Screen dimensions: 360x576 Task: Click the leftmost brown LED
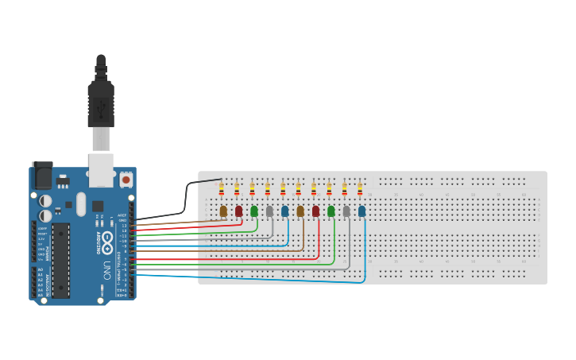pos(223,211)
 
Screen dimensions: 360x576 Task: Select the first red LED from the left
pos(238,211)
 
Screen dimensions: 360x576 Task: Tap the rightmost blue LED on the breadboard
pos(361,211)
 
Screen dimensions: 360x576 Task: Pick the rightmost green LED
pos(331,211)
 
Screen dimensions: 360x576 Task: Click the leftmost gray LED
pos(269,211)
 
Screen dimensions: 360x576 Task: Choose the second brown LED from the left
pos(300,211)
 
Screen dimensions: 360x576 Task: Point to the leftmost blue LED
pos(284,211)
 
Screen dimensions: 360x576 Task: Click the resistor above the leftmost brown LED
pos(221,189)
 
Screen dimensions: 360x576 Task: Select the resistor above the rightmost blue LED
pos(360,189)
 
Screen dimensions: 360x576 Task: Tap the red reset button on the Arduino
pos(126,180)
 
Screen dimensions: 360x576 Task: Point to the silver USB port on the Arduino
pos(101,170)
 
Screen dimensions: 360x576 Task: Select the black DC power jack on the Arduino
pos(41,175)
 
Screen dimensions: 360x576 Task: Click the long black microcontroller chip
pos(61,260)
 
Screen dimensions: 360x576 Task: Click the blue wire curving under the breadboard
pos(318,282)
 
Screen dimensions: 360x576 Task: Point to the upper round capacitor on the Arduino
pos(45,201)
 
